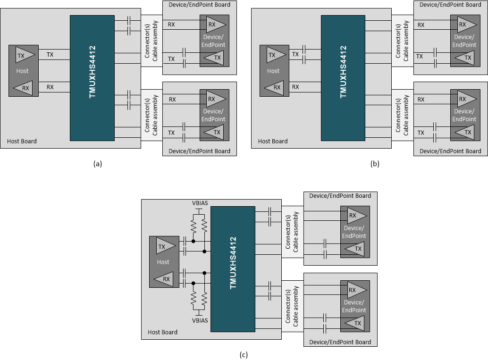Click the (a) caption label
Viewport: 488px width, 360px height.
(x=98, y=164)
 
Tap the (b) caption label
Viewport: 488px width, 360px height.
(x=375, y=164)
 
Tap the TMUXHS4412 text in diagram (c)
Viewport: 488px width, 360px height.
(x=233, y=263)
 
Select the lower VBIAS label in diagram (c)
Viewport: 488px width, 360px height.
(x=200, y=320)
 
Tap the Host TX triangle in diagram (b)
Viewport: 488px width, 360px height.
(x=276, y=55)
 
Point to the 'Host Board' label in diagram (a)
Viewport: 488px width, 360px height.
(x=22, y=141)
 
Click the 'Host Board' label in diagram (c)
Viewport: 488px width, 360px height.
(x=162, y=332)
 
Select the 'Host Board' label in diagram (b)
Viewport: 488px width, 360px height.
(x=273, y=141)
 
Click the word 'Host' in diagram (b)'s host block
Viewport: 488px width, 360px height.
(x=273, y=71)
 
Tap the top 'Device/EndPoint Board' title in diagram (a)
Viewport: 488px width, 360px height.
(x=199, y=5)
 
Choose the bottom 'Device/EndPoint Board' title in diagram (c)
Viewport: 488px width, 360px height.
(x=340, y=342)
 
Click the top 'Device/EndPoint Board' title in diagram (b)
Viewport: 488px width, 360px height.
(x=450, y=5)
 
